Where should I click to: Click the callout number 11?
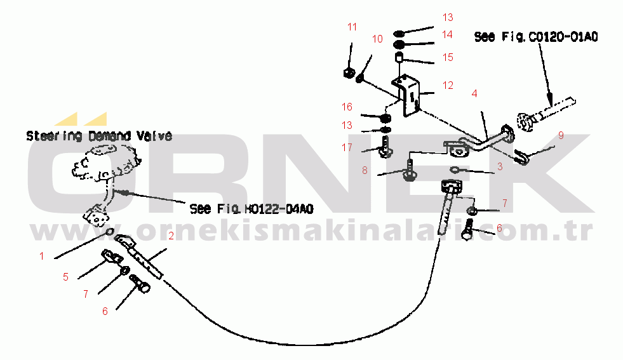(x=352, y=27)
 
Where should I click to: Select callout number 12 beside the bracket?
(x=448, y=85)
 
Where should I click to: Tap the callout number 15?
(x=448, y=57)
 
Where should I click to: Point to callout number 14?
(x=448, y=34)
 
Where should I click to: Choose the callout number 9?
(x=561, y=135)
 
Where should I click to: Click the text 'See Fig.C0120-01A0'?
(x=536, y=37)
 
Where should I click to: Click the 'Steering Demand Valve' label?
(x=98, y=136)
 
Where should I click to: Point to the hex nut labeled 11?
(x=349, y=71)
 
